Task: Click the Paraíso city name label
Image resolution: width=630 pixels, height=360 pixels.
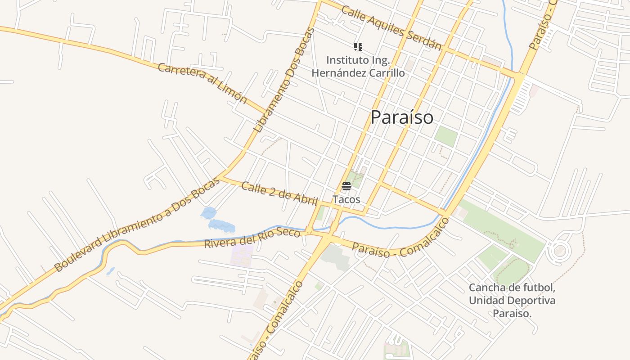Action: (402, 117)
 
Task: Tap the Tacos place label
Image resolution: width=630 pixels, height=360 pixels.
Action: (346, 199)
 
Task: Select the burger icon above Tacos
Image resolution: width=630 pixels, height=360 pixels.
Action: (346, 186)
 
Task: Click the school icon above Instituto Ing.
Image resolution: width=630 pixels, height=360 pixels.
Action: (358, 46)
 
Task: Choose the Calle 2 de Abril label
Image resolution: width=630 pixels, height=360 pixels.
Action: (279, 193)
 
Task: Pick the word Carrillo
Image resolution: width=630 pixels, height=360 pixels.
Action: (387, 72)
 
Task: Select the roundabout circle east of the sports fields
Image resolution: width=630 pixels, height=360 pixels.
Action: (560, 250)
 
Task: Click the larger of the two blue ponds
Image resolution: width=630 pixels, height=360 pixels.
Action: (222, 225)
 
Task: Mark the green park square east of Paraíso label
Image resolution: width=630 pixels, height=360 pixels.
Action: (446, 136)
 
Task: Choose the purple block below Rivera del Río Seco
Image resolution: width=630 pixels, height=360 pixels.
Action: (242, 256)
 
